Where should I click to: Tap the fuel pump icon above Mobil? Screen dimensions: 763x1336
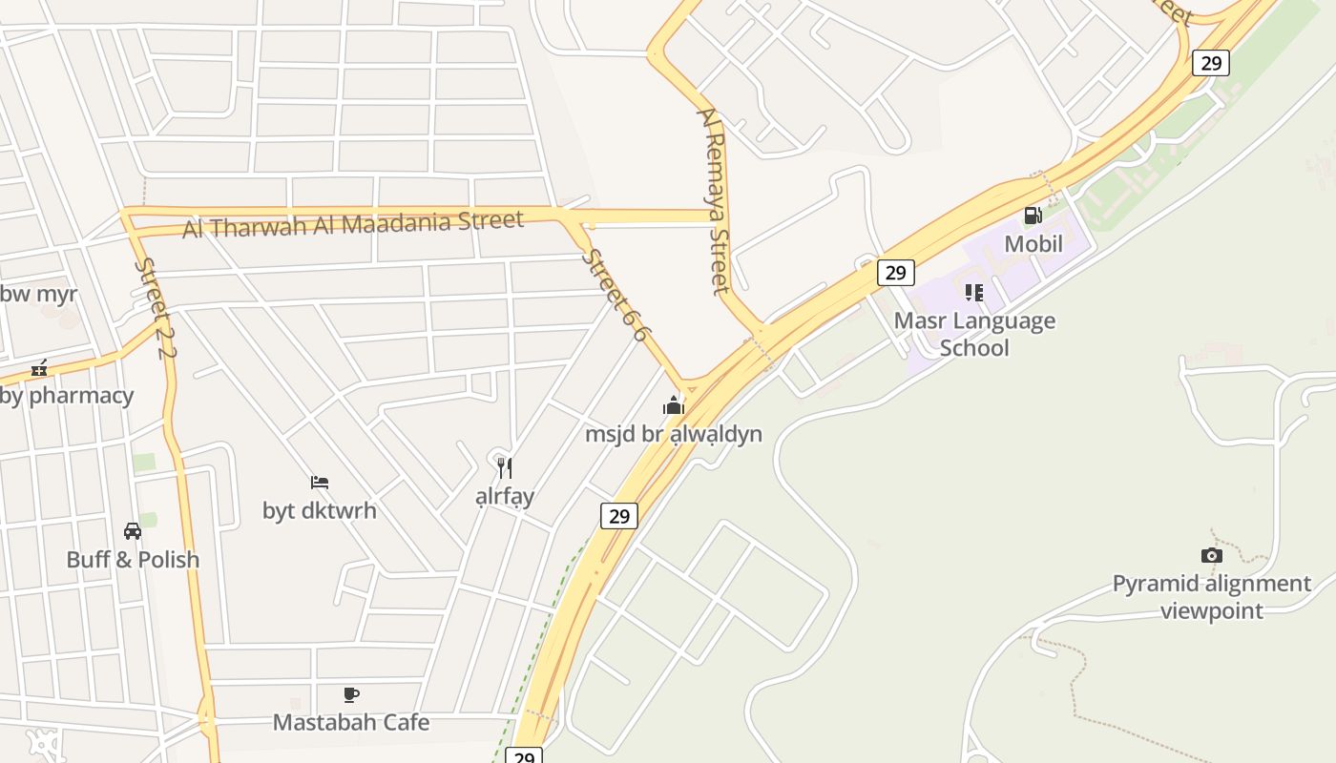point(1033,216)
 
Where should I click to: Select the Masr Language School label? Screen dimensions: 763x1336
point(974,334)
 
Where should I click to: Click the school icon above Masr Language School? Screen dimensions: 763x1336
point(973,292)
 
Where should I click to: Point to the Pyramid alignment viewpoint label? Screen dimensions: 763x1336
point(1212,596)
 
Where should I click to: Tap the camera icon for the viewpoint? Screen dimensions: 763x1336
point(1211,555)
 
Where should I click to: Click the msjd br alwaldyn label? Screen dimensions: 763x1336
point(674,434)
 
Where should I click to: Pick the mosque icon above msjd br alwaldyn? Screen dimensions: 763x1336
point(674,406)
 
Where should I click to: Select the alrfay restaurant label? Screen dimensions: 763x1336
point(505,496)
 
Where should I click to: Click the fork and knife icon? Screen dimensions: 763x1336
point(505,467)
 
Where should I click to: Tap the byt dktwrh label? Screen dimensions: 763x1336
point(320,510)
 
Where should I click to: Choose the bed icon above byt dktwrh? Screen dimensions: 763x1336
point(320,483)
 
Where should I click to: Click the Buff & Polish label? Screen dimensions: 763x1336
point(133,559)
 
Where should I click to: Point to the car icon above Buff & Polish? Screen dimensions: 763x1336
point(133,531)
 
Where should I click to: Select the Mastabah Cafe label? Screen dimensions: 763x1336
point(351,722)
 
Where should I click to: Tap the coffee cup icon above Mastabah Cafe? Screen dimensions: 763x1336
point(351,694)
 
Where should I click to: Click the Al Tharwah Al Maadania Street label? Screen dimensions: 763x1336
point(353,225)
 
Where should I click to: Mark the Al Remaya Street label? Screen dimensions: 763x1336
point(714,200)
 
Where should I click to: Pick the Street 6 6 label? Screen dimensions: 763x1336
point(616,295)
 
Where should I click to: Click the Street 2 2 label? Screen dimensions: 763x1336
point(157,308)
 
